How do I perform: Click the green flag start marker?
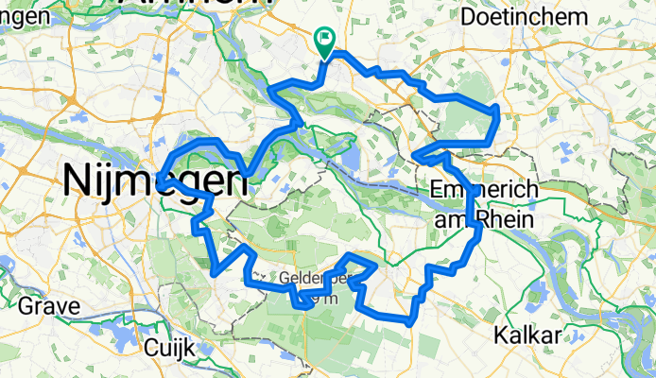pyautogui.click(x=323, y=40)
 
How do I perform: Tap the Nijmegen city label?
pyautogui.click(x=149, y=180)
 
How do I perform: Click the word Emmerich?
pyautogui.click(x=483, y=190)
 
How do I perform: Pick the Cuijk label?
pyautogui.click(x=169, y=347)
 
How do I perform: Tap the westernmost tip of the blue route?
pyautogui.click(x=161, y=177)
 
